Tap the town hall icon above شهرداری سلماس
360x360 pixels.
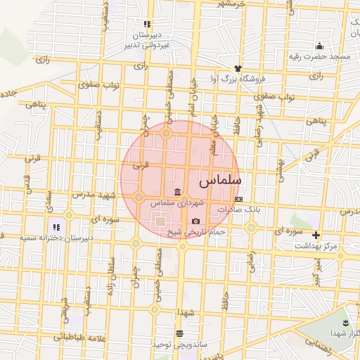click(175, 193)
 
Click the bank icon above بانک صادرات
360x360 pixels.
click(239, 200)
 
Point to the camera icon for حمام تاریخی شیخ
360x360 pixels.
click(196, 221)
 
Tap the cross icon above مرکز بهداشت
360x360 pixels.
click(316, 235)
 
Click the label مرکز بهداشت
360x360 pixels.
click(316, 245)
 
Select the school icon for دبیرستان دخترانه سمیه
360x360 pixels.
click(57, 227)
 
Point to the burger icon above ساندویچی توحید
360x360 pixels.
click(180, 334)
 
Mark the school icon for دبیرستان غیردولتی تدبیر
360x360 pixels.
click(147, 24)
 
